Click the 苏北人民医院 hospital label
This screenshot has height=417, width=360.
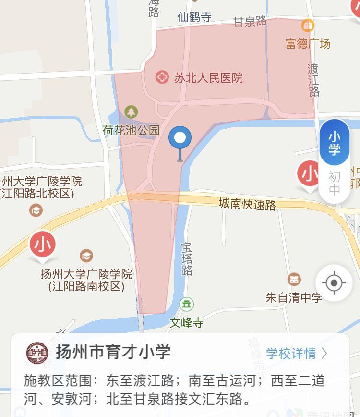click(x=208, y=77)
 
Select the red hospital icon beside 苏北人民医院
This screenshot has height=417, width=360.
click(x=162, y=77)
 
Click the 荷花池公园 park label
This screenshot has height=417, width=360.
click(x=131, y=130)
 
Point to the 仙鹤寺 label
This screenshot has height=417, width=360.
click(x=194, y=17)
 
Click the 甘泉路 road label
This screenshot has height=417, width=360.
click(x=250, y=21)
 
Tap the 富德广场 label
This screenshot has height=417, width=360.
click(x=308, y=44)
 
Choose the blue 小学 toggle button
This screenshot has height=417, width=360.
click(x=335, y=143)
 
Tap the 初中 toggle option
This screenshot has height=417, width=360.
click(x=335, y=184)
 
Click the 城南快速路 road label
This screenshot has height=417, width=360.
click(x=247, y=204)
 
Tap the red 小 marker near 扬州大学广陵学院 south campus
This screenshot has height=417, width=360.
click(x=43, y=245)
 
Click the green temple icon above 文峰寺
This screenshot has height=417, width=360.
click(x=186, y=304)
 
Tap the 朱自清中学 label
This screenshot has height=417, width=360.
click(x=294, y=297)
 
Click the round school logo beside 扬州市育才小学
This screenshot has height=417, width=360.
click(x=37, y=353)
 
